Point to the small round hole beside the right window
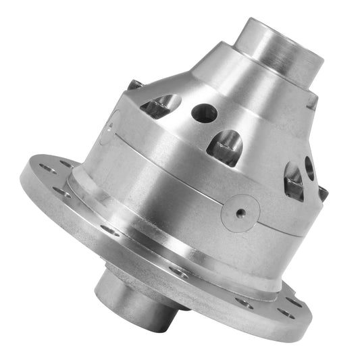click(x=309, y=167)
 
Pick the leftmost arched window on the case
click(x=161, y=105)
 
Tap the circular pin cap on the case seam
click(x=240, y=212)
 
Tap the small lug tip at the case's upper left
click(x=134, y=85)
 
